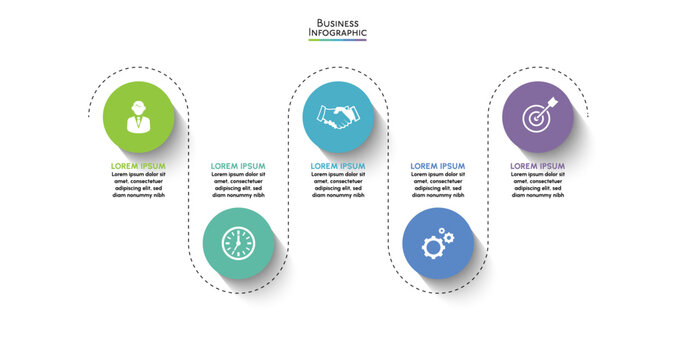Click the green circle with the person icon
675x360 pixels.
(138, 117)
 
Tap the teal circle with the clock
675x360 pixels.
(238, 243)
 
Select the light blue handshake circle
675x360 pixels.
(338, 117)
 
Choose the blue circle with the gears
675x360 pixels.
(438, 243)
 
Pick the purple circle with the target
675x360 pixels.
(538, 117)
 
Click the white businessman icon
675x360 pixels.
(138, 117)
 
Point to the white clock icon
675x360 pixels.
(238, 243)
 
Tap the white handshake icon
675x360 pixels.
(338, 117)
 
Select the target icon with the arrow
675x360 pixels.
(538, 117)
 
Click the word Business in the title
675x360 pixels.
(338, 22)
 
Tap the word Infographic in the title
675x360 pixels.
(338, 32)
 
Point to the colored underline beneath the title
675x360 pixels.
(338, 39)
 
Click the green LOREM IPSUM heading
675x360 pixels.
(138, 166)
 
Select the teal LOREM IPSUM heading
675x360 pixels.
(238, 166)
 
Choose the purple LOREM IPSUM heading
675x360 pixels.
(538, 166)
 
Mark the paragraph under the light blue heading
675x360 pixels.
(338, 185)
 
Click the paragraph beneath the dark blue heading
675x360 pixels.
(438, 185)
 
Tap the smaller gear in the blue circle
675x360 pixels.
(448, 236)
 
